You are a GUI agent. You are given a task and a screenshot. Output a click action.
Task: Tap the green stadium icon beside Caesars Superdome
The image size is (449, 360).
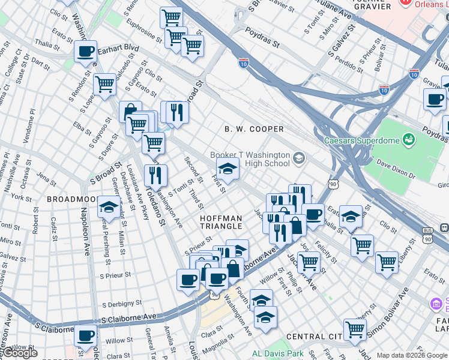coord(409,140)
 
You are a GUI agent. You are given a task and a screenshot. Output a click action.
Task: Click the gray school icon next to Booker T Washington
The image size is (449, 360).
coord(298,159)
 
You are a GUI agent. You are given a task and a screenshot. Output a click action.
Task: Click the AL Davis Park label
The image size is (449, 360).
coord(278,354)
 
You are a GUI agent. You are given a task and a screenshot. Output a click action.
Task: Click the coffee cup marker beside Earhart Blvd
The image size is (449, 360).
coord(85,52)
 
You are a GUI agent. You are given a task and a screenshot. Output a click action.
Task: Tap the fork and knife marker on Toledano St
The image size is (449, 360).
coord(155,176)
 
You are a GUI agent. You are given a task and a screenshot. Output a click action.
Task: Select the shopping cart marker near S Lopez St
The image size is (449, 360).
coord(104,85)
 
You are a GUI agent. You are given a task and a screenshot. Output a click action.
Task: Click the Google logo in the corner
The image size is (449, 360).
coord(20,353)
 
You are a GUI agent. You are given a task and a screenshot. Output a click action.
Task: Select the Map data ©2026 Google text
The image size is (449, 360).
coord(411,355)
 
